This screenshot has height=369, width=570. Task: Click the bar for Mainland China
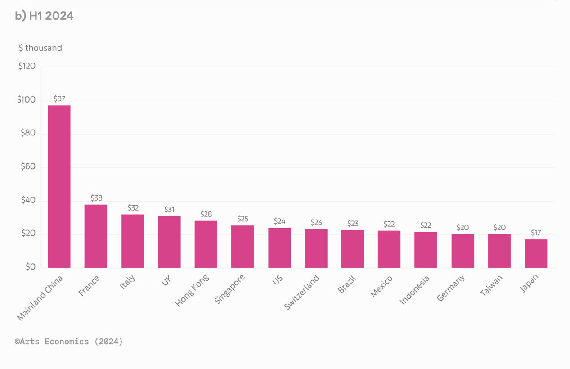[x=59, y=186]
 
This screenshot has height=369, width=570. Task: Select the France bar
[x=96, y=236]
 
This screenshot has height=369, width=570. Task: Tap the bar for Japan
[x=536, y=253]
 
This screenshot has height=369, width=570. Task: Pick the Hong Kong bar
[x=206, y=244]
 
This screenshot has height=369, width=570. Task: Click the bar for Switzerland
[x=316, y=248]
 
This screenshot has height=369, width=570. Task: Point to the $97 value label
[x=59, y=99]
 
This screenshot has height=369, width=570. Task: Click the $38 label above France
[x=96, y=198]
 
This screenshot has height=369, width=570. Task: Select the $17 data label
[x=536, y=233]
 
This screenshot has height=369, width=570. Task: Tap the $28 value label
[x=206, y=214]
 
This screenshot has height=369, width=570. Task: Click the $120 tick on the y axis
[x=27, y=66]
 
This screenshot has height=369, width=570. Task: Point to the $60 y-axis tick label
[x=28, y=167]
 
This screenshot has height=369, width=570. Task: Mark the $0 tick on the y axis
[x=30, y=267]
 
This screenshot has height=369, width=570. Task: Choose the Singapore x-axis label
[x=230, y=289]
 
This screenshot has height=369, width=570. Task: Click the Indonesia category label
[x=415, y=290]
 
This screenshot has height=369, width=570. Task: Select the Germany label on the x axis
[x=451, y=288]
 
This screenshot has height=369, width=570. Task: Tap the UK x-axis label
[x=167, y=280]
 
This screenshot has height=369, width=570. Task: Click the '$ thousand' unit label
[x=40, y=48]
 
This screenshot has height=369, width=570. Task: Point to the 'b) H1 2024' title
[x=44, y=16]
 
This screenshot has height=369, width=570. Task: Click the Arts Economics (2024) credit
[x=69, y=342]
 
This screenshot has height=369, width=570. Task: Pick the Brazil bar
[x=353, y=249]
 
